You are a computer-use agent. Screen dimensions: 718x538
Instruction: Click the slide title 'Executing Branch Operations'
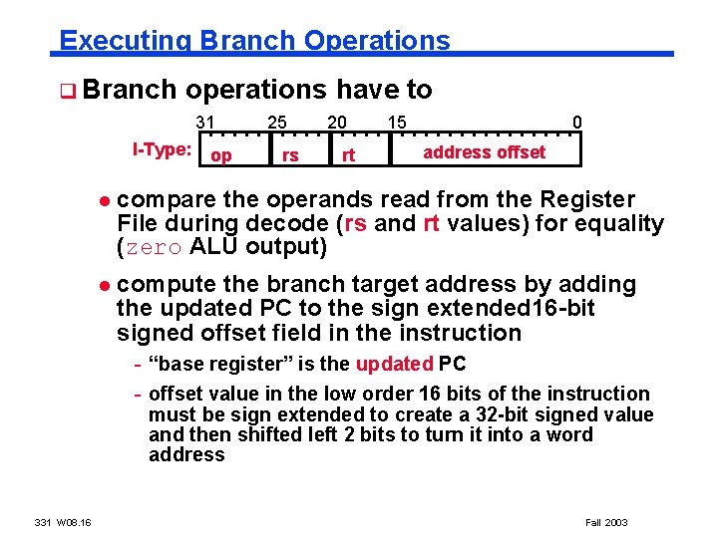pyautogui.click(x=254, y=40)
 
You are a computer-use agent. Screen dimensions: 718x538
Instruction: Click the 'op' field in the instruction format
pyautogui.click(x=222, y=155)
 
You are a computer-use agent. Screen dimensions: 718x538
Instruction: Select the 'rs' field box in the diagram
pyautogui.click(x=290, y=155)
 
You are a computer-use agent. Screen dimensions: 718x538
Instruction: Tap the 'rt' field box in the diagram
pyautogui.click(x=349, y=155)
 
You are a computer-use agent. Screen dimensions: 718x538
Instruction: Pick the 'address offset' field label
pyautogui.click(x=484, y=152)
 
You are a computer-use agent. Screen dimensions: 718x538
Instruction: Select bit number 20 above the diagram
pyautogui.click(x=338, y=122)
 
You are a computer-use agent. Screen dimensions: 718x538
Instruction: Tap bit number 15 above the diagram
pyautogui.click(x=396, y=122)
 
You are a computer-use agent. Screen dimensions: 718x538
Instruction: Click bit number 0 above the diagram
pyautogui.click(x=576, y=123)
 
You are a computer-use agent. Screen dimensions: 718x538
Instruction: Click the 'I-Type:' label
pyautogui.click(x=163, y=150)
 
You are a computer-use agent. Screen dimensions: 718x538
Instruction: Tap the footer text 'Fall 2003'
pyautogui.click(x=605, y=522)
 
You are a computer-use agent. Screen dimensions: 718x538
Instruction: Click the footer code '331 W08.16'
pyautogui.click(x=63, y=522)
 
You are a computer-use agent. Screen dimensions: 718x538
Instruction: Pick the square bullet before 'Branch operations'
pyautogui.click(x=65, y=92)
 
